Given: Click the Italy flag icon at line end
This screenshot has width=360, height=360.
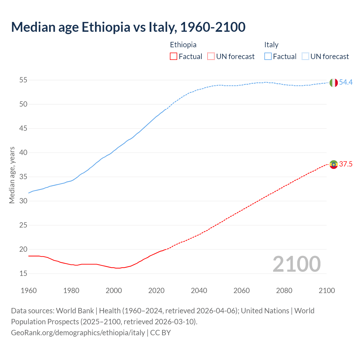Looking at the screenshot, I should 334,83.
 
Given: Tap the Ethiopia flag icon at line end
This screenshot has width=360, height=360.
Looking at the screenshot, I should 334,164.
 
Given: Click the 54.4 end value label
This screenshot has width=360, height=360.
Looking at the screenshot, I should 346,82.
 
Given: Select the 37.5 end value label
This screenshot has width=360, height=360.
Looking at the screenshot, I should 346,164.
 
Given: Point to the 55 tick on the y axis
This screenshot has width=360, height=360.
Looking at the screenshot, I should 23,80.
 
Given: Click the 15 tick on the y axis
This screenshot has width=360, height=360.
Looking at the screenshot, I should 23,273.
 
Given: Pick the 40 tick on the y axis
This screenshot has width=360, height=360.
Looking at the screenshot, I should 23,153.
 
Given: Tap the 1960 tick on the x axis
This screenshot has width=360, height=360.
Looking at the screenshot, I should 29,291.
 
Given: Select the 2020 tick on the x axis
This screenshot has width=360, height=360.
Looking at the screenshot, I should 156,291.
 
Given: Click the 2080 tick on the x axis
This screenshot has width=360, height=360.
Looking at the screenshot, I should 284,291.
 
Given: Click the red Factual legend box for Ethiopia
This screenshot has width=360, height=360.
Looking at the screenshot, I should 174,57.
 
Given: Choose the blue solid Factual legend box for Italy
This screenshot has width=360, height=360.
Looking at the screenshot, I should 268,57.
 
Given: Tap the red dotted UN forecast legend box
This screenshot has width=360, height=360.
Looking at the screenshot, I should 211,57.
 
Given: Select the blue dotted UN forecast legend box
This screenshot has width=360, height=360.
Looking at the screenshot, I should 305,57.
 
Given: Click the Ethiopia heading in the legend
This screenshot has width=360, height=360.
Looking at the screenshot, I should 183,45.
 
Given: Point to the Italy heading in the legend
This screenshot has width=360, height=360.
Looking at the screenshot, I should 271,45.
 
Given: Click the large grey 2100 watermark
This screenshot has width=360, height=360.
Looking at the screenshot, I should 297,264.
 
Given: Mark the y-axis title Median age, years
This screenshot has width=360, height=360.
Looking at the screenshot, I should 12,175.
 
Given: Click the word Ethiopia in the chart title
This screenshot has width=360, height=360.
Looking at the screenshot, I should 106,27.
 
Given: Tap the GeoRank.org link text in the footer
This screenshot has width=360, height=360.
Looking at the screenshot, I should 78,333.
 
